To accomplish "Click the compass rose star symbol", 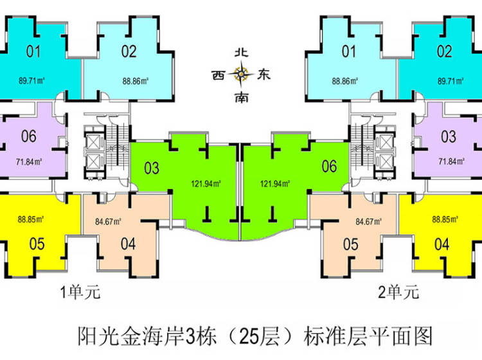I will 242,75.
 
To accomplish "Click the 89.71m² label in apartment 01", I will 31,81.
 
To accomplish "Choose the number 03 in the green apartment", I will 152,168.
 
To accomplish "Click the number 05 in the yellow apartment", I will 37,243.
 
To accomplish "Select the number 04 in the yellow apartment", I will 442,244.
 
